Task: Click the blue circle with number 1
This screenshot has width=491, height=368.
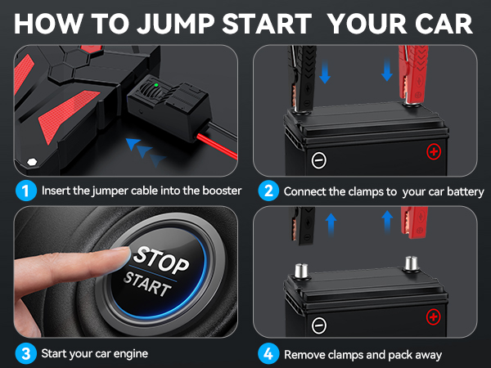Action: (x=25, y=191)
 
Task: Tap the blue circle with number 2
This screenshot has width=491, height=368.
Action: (x=268, y=191)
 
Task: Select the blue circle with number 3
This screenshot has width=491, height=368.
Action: (x=25, y=353)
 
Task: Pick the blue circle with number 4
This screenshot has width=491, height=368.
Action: (x=268, y=353)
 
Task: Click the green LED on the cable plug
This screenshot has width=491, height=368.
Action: (x=156, y=85)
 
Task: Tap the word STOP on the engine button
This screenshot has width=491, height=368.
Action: (x=161, y=260)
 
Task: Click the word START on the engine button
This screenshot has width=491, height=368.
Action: (x=147, y=283)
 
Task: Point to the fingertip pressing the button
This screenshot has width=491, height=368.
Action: (x=124, y=255)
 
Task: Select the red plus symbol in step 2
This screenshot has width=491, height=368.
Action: (x=434, y=152)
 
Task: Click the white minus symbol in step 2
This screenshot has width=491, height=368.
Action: (x=319, y=160)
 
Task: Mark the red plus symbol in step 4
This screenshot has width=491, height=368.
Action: (x=434, y=316)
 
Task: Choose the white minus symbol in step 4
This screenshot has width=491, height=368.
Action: (x=319, y=325)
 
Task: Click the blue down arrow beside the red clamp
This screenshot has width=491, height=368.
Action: (x=387, y=70)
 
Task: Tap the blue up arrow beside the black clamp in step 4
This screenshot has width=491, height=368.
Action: (x=331, y=226)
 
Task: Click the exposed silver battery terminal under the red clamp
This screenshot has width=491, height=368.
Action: (x=411, y=263)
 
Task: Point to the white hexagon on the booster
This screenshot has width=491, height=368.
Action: (x=32, y=162)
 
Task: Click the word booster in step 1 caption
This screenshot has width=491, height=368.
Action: (x=222, y=191)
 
